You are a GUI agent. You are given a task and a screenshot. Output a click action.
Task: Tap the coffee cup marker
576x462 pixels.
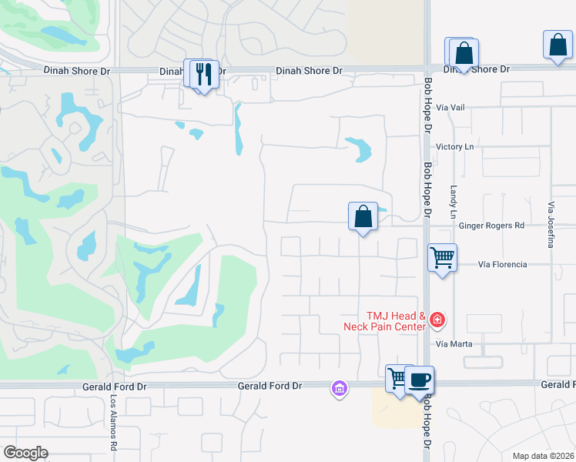point(419,380)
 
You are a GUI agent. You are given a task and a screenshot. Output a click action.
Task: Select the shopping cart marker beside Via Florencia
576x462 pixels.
point(442,257)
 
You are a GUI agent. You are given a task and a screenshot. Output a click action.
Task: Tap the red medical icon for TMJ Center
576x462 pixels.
point(437,319)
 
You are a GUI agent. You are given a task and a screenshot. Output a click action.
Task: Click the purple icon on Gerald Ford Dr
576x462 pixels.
point(339,389)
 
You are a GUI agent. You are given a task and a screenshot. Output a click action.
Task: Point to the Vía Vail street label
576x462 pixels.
point(450,108)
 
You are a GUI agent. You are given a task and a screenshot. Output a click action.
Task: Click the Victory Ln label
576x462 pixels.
point(454,146)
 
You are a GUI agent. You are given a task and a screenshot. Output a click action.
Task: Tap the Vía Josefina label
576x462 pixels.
point(551,225)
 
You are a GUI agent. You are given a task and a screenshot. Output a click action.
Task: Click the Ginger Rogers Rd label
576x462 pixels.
point(491,226)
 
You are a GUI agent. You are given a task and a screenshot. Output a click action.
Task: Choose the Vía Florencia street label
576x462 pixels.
point(502,264)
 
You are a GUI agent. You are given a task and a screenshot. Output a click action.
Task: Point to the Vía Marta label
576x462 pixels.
point(453,343)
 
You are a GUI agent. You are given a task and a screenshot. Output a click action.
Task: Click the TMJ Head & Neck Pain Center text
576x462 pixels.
point(385,321)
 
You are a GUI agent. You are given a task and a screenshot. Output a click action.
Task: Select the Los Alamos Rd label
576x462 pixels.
point(112,423)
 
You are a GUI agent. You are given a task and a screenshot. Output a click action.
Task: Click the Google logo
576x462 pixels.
point(25,453)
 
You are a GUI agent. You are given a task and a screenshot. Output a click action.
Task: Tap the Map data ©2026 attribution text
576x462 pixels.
point(543,456)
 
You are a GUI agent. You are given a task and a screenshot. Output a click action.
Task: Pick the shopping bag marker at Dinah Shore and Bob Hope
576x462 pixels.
point(464,54)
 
